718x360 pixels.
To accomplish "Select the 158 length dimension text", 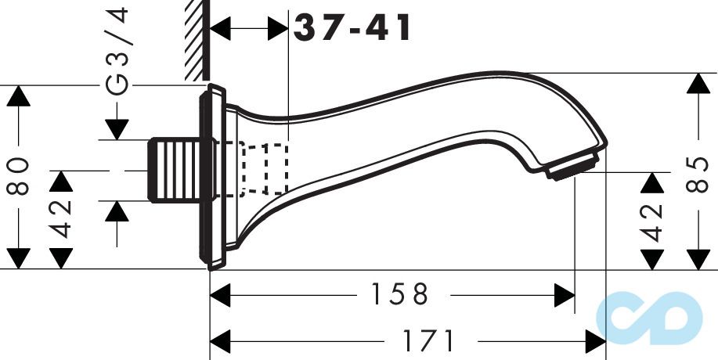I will coord(399,295).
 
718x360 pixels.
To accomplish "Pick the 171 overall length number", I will coord(428,340).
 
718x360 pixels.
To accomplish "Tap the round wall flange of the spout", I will coord(212,178).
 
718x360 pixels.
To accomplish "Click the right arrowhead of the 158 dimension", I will coord(565,295).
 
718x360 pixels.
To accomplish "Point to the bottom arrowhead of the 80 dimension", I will coord(20,258).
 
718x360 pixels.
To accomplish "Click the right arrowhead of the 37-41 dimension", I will coord(278,30).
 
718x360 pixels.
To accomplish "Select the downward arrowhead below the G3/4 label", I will coord(117,129).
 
